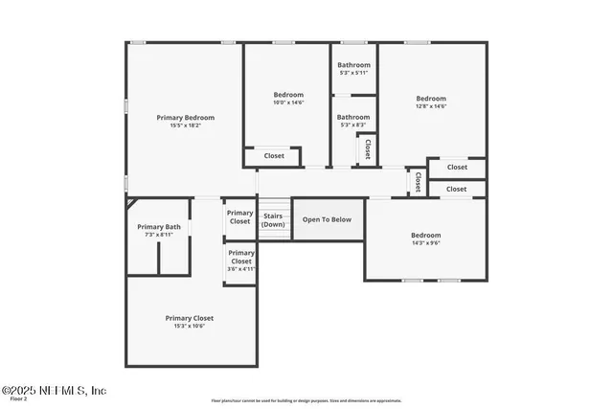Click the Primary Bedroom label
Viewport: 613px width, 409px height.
pyautogui.click(x=186, y=117)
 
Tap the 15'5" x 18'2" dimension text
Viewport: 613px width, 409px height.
pyautogui.click(x=186, y=125)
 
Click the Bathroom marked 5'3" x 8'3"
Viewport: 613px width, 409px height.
pyautogui.click(x=352, y=121)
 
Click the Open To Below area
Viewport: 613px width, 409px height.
pyautogui.click(x=327, y=219)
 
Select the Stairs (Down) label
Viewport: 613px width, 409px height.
pyautogui.click(x=273, y=220)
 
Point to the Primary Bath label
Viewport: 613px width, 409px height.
pyautogui.click(x=159, y=227)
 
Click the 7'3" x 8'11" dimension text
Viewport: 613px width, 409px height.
pyautogui.click(x=159, y=235)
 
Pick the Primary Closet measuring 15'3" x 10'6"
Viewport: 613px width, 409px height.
pyautogui.click(x=189, y=321)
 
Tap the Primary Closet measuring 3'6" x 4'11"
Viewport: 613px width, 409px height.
pyautogui.click(x=240, y=261)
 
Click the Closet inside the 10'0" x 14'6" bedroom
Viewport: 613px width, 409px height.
pyautogui.click(x=274, y=155)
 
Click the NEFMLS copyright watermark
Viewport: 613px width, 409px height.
pyautogui.click(x=54, y=391)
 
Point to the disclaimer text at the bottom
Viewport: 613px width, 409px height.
pyautogui.click(x=306, y=400)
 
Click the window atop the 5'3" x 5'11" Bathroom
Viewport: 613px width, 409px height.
pyautogui.click(x=353, y=42)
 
